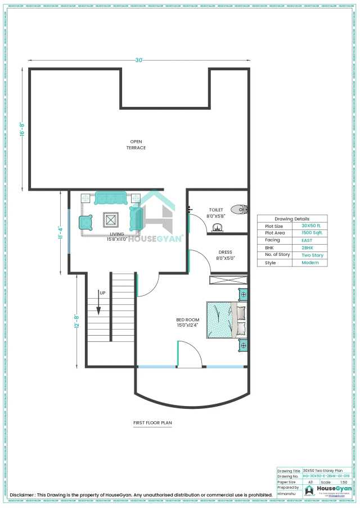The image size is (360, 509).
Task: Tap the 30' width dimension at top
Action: [x=138, y=60]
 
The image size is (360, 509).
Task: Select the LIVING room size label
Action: [x=116, y=237]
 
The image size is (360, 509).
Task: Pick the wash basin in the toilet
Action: [x=217, y=228]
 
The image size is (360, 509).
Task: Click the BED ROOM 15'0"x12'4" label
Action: [x=188, y=323]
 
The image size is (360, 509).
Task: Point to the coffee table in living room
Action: [x=110, y=219]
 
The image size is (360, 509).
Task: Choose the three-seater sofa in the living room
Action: [x=112, y=198]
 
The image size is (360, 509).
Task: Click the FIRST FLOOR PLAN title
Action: [x=152, y=422]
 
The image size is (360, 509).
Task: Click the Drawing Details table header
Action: [x=292, y=219]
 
